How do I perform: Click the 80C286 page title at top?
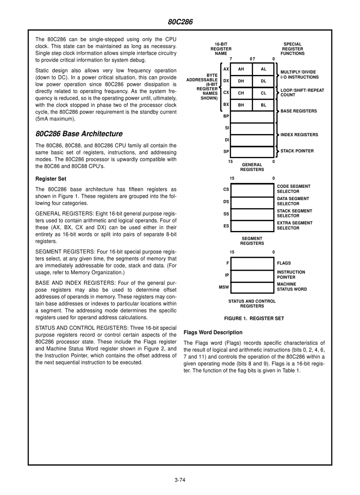click(180, 22)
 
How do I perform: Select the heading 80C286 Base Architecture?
click(79, 134)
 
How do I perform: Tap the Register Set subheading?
click(51, 179)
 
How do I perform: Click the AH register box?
click(241, 69)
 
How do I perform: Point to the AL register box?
click(263, 69)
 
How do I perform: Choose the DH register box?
click(241, 81)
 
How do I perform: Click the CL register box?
click(263, 93)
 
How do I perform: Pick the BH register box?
click(241, 105)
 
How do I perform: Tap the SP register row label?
click(226, 151)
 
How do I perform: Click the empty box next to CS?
click(252, 190)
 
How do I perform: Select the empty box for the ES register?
click(252, 226)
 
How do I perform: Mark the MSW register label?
click(224, 287)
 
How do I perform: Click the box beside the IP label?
click(252, 276)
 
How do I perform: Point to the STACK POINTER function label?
click(297, 151)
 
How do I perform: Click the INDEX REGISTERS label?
click(299, 135)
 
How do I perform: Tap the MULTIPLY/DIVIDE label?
click(298, 72)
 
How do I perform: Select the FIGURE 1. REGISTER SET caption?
click(254, 318)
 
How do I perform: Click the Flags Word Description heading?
click(213, 332)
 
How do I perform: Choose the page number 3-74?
click(180, 480)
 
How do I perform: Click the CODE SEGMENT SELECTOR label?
click(293, 189)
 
